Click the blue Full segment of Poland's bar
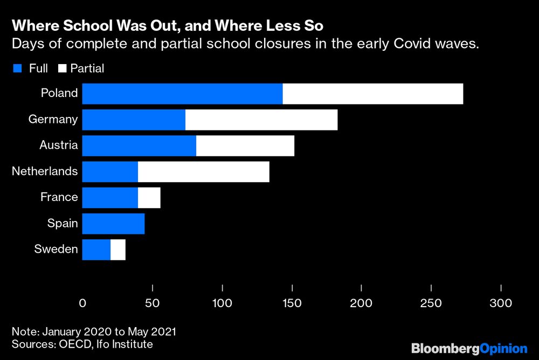(182, 93)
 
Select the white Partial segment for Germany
(261, 119)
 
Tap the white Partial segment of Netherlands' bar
(203, 171)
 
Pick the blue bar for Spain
(113, 223)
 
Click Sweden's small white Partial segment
(118, 249)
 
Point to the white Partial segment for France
(149, 197)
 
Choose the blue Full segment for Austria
(139, 146)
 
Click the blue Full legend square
(17, 68)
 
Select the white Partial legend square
(61, 68)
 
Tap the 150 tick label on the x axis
(292, 303)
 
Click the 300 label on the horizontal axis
(501, 303)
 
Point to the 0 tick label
(82, 303)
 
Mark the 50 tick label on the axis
(153, 303)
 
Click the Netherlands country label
(45, 171)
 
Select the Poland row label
(59, 93)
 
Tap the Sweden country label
(56, 249)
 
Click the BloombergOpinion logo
(469, 348)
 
